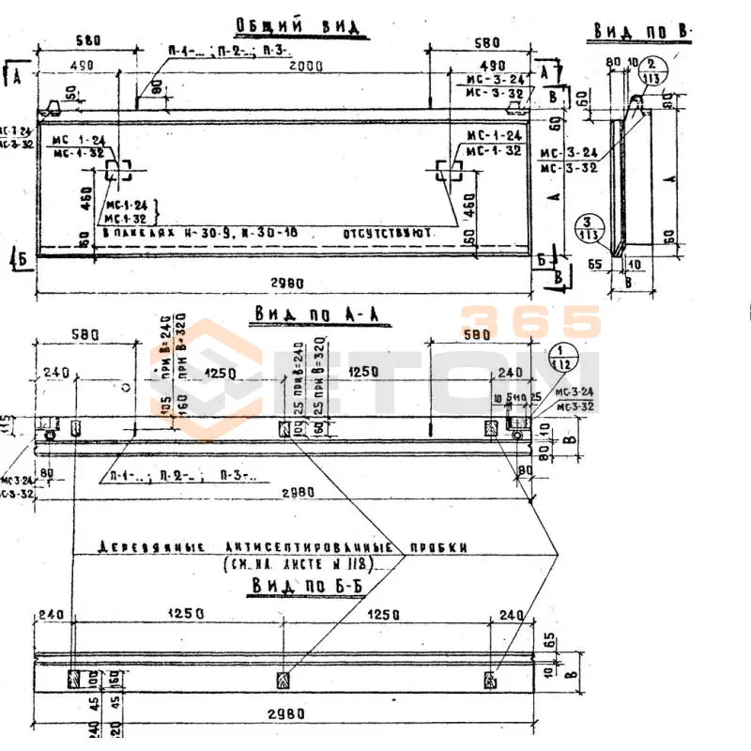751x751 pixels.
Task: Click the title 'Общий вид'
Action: tap(297, 26)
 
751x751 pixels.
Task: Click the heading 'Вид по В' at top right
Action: tap(642, 33)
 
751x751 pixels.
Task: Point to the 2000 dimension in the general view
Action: tap(305, 67)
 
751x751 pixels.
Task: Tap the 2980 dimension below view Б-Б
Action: tap(285, 713)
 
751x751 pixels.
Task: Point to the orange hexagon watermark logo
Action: tap(205, 379)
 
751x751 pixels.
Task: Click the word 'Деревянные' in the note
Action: tap(142, 547)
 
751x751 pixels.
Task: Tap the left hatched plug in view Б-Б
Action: tap(74, 679)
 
